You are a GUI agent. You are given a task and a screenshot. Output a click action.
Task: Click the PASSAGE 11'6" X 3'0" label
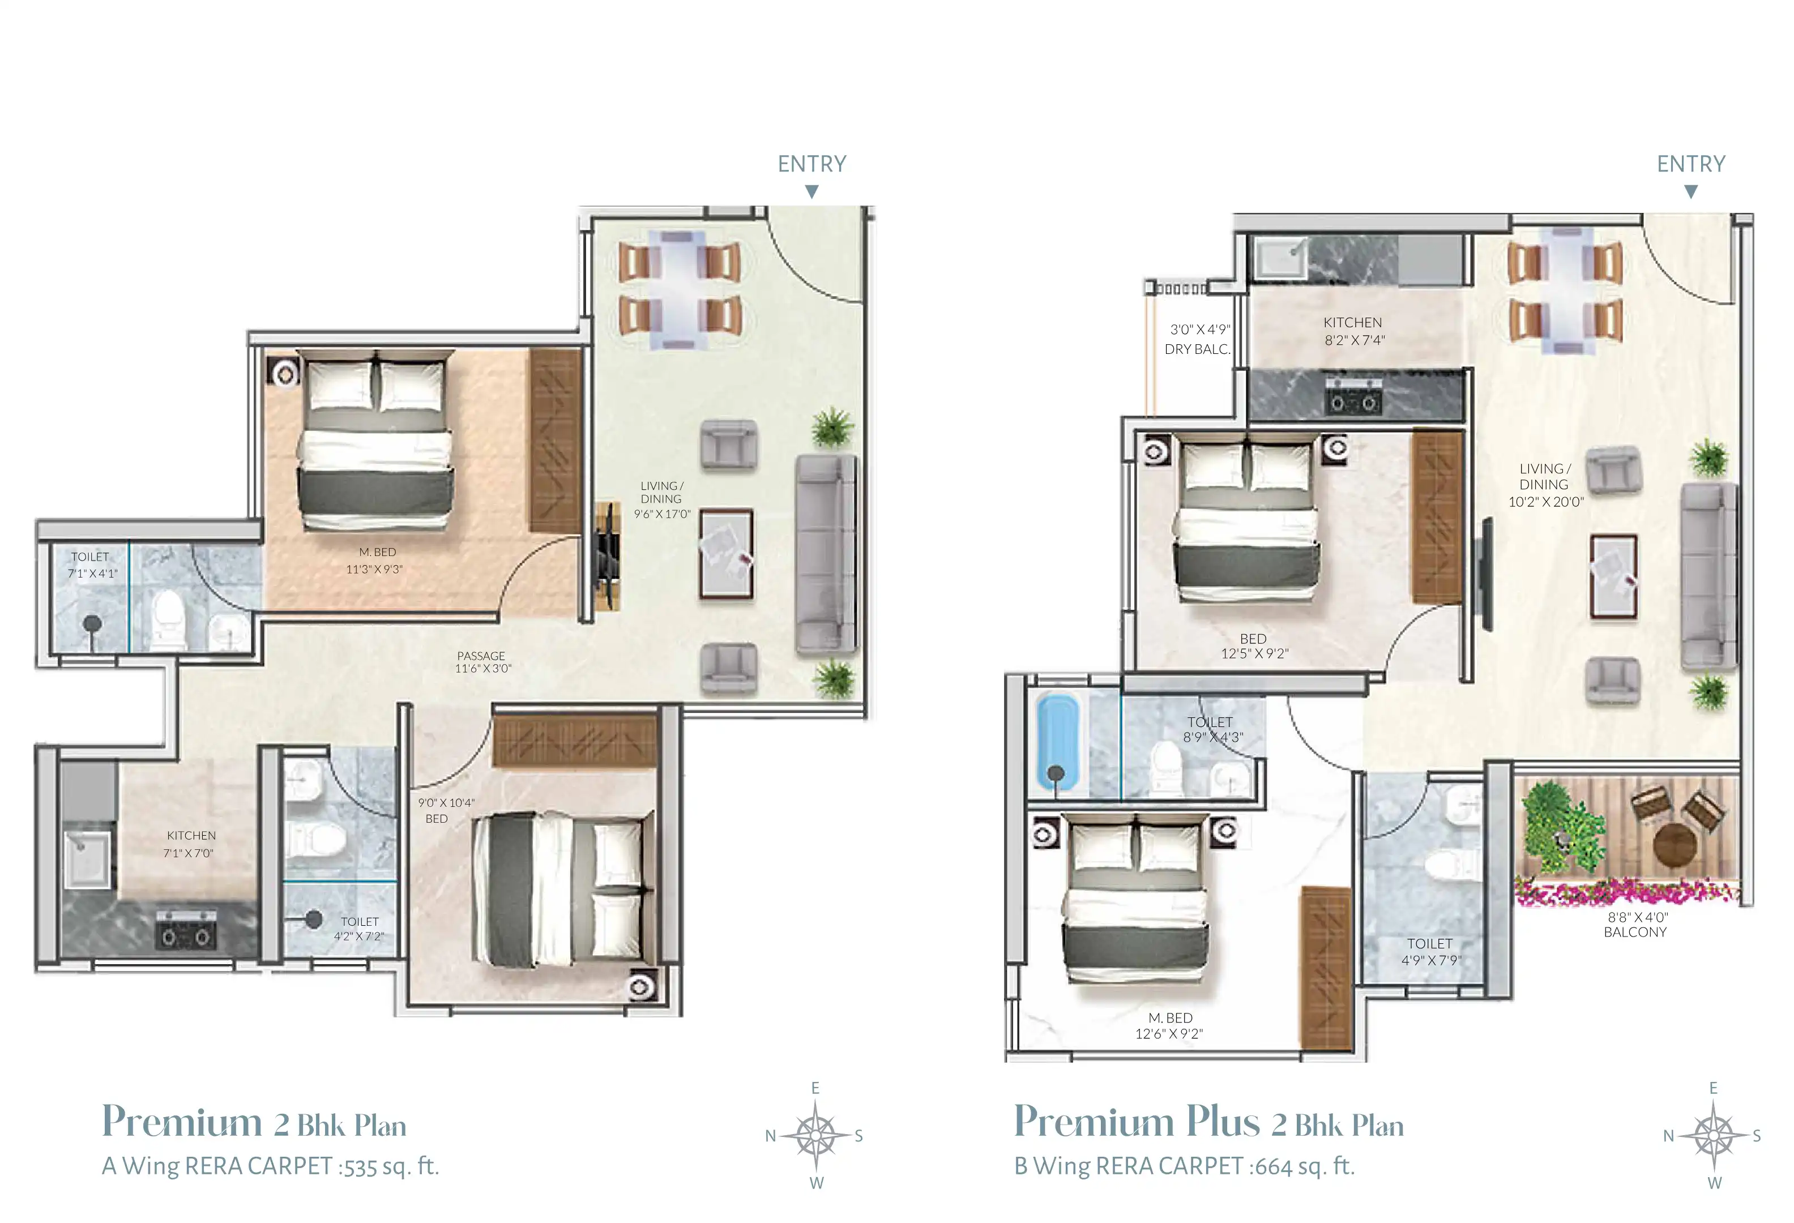click(x=482, y=662)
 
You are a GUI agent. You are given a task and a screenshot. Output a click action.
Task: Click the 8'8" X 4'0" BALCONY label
click(x=1635, y=925)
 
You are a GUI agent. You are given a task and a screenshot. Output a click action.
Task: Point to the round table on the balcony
click(x=1675, y=844)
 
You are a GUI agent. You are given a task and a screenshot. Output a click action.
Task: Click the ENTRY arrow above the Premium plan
click(x=811, y=191)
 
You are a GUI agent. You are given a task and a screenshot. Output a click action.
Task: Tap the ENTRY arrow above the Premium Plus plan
click(x=1690, y=191)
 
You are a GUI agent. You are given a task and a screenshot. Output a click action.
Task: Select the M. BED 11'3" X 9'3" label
click(x=376, y=560)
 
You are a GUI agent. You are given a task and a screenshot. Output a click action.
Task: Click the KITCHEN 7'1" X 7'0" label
click(x=190, y=844)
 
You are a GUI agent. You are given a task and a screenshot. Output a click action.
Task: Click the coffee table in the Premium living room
click(x=725, y=553)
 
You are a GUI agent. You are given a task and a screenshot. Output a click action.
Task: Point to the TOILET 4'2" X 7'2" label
click(x=359, y=928)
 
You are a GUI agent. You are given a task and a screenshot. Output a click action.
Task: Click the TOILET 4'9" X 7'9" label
click(x=1430, y=951)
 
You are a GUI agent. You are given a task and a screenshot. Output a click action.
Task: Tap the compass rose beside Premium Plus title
click(x=1713, y=1135)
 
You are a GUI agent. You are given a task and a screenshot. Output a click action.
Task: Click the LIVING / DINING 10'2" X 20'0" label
click(x=1545, y=485)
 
